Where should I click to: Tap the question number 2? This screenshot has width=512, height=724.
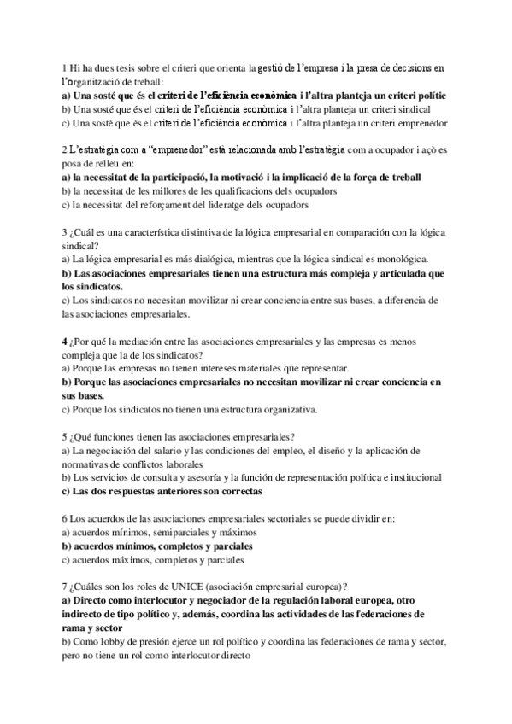65,149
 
